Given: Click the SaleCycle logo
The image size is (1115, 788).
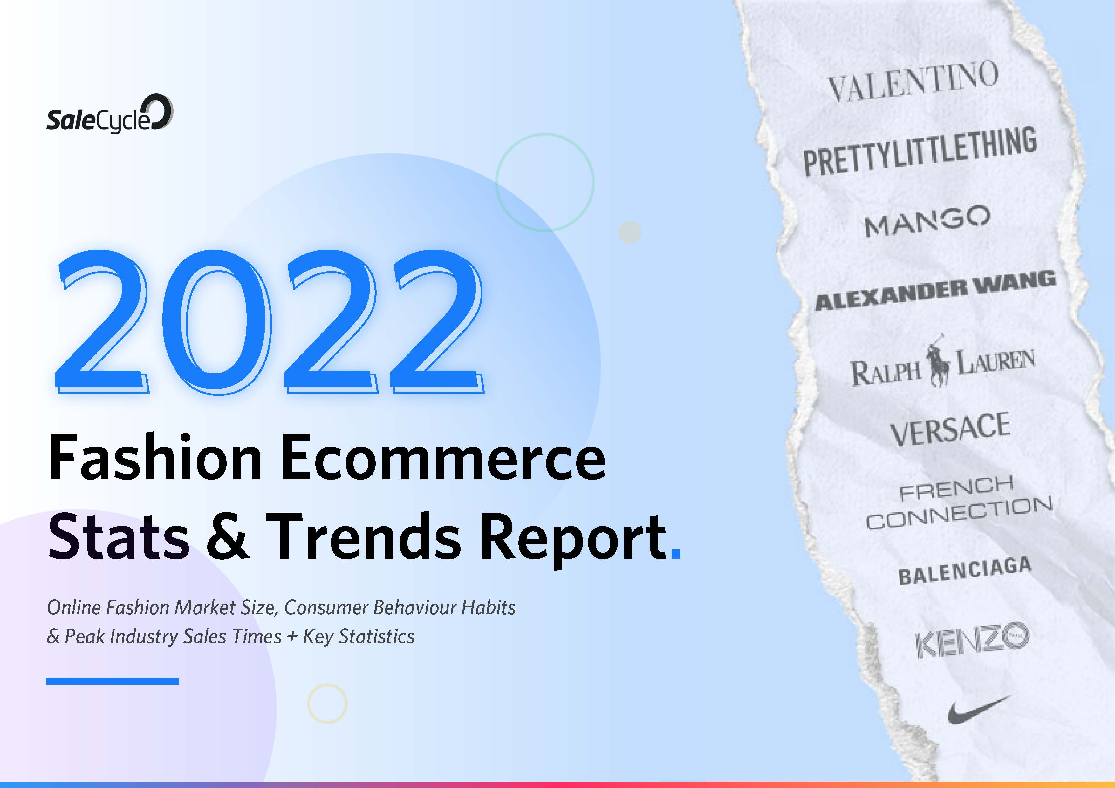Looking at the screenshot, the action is [x=109, y=114].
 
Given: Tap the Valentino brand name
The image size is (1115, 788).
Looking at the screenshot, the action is [x=913, y=82].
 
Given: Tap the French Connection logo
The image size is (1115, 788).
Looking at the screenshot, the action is [x=959, y=502].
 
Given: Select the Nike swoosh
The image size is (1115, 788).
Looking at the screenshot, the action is [x=979, y=710].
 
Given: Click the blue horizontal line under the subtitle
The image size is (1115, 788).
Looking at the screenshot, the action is [x=112, y=681].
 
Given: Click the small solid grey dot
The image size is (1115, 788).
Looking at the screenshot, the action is [x=630, y=232].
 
